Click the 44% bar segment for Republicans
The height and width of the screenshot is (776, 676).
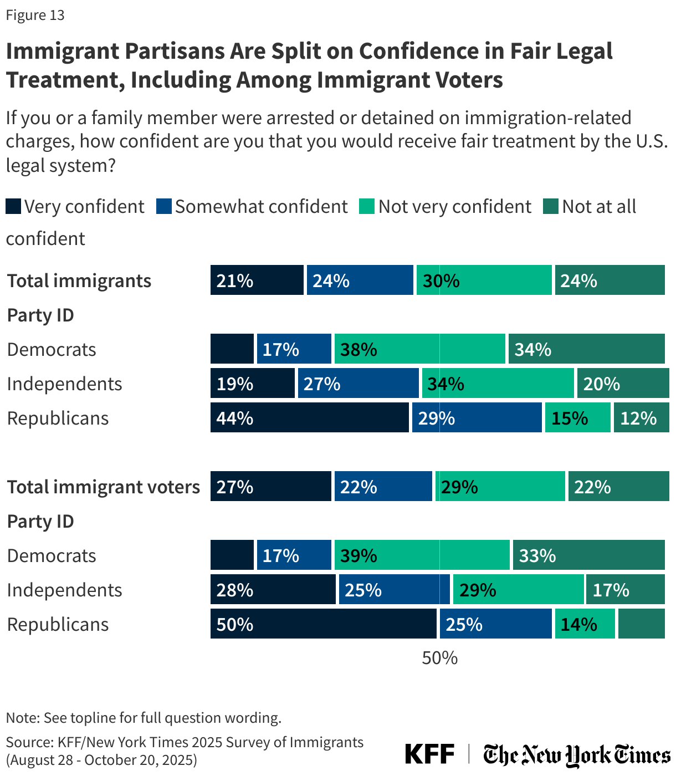point(309,417)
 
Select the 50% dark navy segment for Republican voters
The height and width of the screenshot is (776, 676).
point(323,624)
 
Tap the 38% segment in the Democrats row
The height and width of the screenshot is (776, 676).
point(419,349)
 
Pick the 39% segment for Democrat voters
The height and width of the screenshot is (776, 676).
point(422,555)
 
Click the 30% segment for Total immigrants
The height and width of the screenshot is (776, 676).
point(484,280)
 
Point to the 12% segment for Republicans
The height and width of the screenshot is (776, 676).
point(641,417)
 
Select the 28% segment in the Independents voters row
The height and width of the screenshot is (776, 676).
point(273,589)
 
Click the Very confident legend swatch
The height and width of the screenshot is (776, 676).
point(13,207)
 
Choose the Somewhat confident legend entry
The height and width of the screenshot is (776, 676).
point(253,207)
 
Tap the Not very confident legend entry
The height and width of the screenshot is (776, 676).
point(446,207)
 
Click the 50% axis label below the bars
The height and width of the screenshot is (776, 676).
point(439,658)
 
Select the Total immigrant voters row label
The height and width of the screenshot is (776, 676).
point(103,487)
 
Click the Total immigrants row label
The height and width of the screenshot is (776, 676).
point(79,280)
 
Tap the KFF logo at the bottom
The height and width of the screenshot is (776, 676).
point(429,754)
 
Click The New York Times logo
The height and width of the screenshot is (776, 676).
point(576,755)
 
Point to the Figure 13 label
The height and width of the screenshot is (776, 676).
point(35,15)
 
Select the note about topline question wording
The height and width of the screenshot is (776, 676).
point(144,718)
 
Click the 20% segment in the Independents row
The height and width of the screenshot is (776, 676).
point(622,383)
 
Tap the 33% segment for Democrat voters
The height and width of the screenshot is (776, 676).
point(588,555)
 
